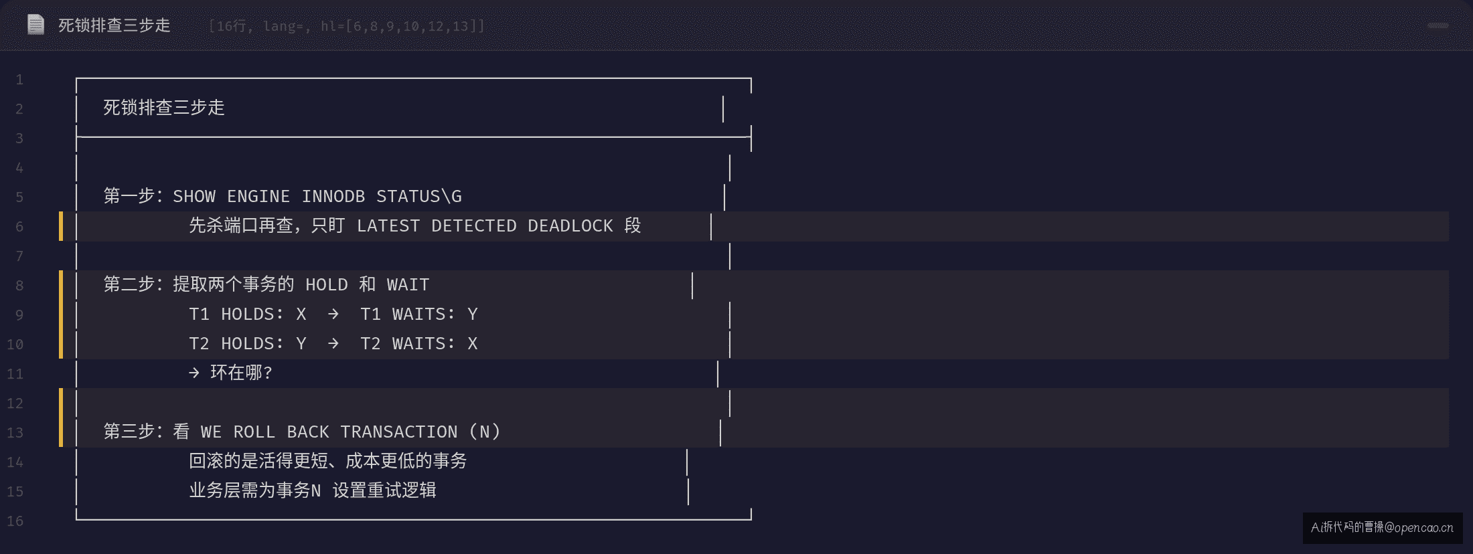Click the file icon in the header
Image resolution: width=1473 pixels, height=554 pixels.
pyautogui.click(x=35, y=25)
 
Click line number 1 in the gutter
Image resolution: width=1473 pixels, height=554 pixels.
pyautogui.click(x=19, y=80)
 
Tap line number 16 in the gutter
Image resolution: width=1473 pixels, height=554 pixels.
pyautogui.click(x=15, y=521)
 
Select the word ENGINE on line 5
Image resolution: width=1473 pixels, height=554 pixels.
pyautogui.click(x=258, y=197)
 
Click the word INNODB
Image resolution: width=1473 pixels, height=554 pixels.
pyautogui.click(x=333, y=197)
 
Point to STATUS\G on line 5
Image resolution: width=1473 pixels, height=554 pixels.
pyautogui.click(x=418, y=197)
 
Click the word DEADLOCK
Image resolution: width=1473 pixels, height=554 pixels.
pyautogui.click(x=570, y=226)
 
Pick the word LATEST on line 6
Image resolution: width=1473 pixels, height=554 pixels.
pyautogui.click(x=388, y=226)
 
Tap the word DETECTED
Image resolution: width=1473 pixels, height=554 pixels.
pyautogui.click(x=474, y=226)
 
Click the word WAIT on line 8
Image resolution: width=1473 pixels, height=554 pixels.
pyautogui.click(x=408, y=285)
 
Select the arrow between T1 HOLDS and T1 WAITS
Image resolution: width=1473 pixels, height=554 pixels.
pyautogui.click(x=333, y=314)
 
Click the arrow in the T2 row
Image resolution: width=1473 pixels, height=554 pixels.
pyautogui.click(x=333, y=344)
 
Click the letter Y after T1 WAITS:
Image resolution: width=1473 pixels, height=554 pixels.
pyautogui.click(x=473, y=314)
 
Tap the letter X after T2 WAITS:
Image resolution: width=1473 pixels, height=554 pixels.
pyautogui.click(x=473, y=344)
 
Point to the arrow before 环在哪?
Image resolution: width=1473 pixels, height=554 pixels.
pyautogui.click(x=194, y=373)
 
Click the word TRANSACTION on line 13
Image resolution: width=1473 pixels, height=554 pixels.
pyautogui.click(x=399, y=432)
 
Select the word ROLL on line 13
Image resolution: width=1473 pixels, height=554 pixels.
pyautogui.click(x=254, y=432)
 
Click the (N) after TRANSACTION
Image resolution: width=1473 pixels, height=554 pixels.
pyautogui.click(x=485, y=432)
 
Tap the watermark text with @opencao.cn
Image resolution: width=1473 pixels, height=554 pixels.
pyautogui.click(x=1382, y=528)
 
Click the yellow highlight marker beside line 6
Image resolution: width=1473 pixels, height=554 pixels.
pyautogui.click(x=61, y=226)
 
